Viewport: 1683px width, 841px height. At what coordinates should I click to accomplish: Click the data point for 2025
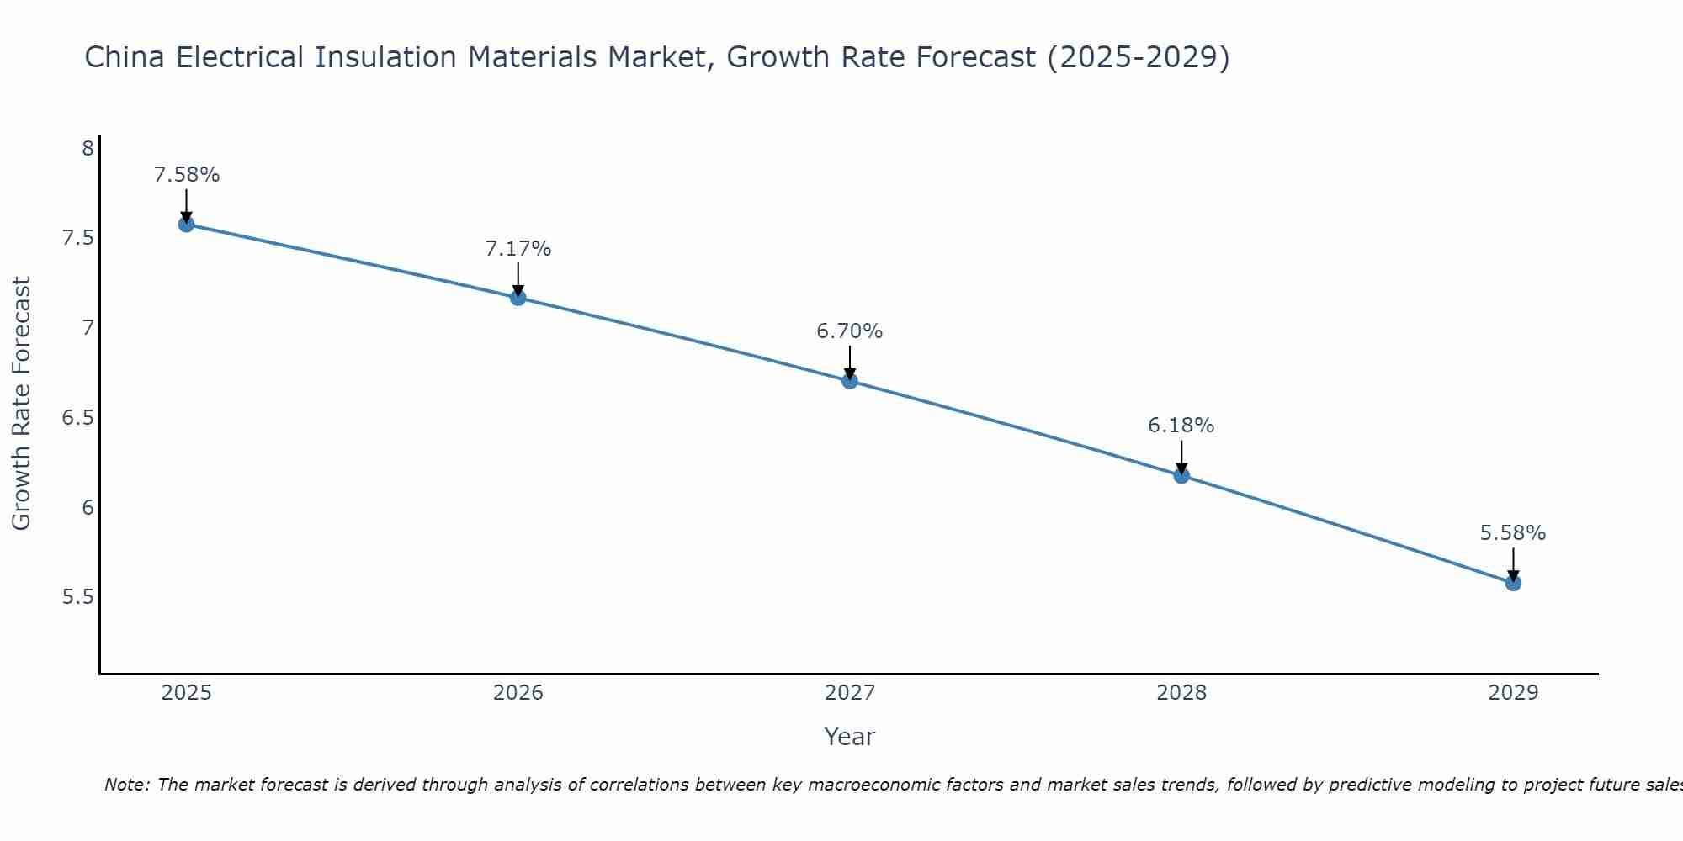click(186, 225)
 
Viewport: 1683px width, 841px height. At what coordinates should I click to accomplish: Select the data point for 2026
click(518, 298)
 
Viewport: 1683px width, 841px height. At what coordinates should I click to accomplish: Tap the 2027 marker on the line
click(850, 381)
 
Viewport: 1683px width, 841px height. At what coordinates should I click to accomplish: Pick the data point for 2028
click(1181, 476)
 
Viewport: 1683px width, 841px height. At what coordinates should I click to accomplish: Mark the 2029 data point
click(1513, 583)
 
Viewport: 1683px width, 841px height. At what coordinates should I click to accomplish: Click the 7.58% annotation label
click(186, 175)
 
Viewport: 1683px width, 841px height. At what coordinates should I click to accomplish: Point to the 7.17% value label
click(518, 249)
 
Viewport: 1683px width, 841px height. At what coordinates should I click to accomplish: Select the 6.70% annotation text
click(850, 331)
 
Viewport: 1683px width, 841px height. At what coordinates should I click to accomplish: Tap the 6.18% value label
click(1181, 426)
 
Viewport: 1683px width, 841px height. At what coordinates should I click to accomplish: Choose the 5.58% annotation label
click(1513, 533)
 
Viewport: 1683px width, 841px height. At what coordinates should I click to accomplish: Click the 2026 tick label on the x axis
click(518, 693)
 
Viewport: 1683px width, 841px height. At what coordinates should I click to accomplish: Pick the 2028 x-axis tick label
click(1181, 693)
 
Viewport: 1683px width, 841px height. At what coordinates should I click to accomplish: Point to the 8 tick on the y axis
click(88, 149)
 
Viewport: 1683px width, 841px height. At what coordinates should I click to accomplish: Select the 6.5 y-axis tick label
click(77, 418)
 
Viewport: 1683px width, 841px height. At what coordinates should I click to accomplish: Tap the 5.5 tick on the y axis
click(77, 597)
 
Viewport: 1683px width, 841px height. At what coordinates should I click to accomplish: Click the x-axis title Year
click(850, 737)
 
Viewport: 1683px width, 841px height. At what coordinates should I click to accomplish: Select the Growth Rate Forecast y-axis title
click(21, 403)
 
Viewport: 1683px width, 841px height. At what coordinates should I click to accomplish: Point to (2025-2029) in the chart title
click(1138, 57)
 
